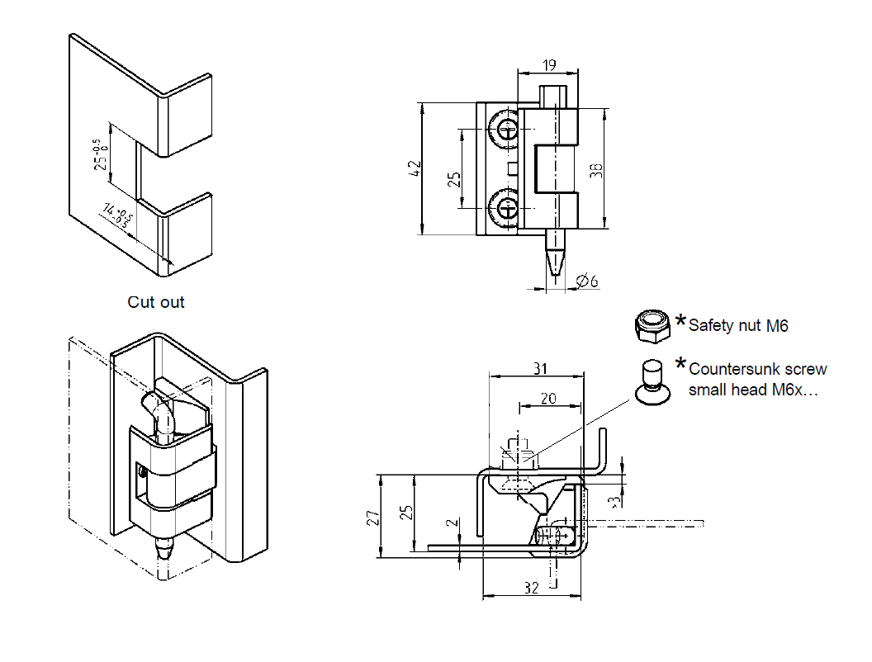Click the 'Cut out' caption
point(156,302)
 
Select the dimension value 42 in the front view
point(415,168)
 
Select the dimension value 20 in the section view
point(548,398)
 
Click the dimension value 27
point(373,518)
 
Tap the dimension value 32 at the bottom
point(531,587)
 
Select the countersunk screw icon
point(651,381)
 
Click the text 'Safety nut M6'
point(738,326)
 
